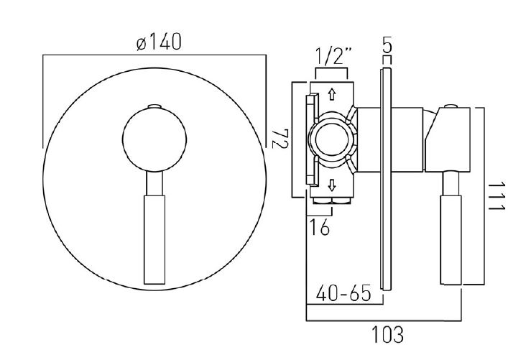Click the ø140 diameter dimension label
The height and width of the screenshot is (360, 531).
click(159, 42)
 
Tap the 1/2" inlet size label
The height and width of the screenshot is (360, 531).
click(334, 56)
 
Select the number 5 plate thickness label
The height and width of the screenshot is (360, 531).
click(387, 45)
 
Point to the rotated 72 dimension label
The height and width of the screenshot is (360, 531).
click(280, 139)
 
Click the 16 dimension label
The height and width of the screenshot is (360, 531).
click(320, 227)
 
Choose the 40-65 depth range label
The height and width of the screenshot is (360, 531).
click(343, 292)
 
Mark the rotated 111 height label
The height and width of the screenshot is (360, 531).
click(497, 196)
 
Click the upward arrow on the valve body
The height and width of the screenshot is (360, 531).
click(332, 94)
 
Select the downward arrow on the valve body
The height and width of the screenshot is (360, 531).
click(332, 185)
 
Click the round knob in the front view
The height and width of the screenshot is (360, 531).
click(154, 140)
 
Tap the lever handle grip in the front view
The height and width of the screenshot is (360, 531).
click(154, 240)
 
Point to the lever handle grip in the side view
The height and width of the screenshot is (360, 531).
click(451, 240)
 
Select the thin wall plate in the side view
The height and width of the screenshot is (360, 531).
click(387, 179)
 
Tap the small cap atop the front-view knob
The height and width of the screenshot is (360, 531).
click(154, 106)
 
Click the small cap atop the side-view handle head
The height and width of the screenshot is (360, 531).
click(451, 106)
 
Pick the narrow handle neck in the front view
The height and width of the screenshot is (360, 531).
click(154, 183)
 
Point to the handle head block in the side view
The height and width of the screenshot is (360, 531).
click(448, 139)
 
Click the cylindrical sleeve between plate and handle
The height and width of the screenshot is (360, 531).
click(407, 139)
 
